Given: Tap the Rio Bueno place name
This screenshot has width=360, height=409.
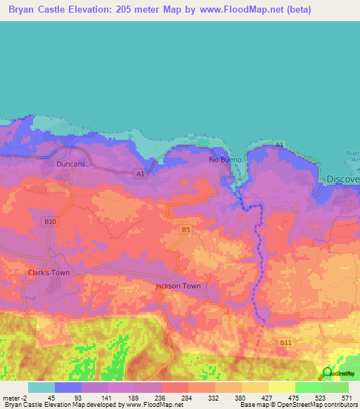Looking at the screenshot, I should [x=225, y=160].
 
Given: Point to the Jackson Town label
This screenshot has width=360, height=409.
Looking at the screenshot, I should [x=178, y=286].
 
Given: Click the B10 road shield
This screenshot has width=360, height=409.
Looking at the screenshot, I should [x=49, y=221].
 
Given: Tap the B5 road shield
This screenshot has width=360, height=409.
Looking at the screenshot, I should [x=186, y=229].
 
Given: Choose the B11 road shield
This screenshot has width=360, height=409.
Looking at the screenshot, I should [x=285, y=342].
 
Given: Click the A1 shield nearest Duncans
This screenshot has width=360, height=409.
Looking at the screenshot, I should [x=140, y=173].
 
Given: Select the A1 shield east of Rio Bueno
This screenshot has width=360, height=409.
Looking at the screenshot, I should [x=279, y=145].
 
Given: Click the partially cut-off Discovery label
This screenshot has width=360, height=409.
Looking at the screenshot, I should [x=343, y=179].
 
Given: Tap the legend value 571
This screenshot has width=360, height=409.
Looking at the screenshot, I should [x=345, y=398].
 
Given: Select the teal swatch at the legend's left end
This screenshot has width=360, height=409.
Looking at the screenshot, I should [x=41, y=387].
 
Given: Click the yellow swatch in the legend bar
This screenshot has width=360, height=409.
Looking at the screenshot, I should [x=281, y=387].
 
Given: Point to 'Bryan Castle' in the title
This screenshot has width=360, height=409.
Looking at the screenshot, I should [x=41, y=11].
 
